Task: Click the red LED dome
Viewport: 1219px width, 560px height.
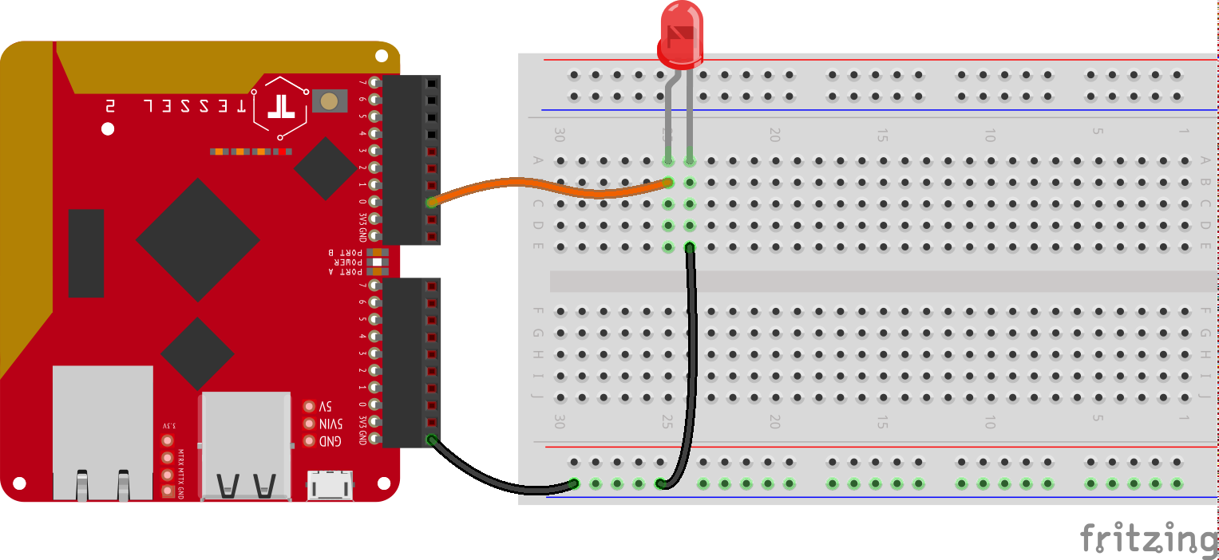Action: click(x=680, y=36)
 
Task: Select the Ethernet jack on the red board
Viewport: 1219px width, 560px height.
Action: click(x=102, y=431)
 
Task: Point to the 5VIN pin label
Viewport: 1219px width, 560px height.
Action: click(x=330, y=424)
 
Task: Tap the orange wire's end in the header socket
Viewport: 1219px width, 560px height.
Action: click(x=432, y=203)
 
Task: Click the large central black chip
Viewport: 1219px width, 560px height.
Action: click(x=197, y=239)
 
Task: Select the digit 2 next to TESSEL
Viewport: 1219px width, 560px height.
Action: click(x=110, y=105)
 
